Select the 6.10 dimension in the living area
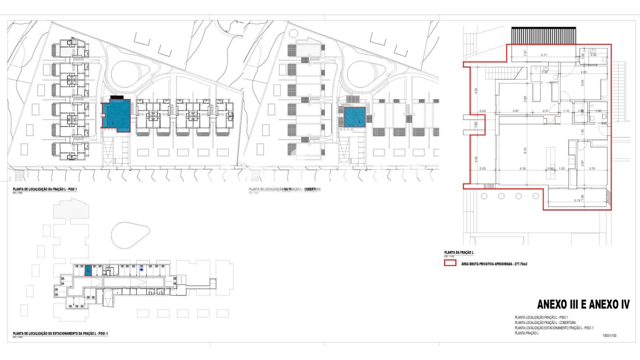[524, 149]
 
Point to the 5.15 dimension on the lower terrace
[577, 200]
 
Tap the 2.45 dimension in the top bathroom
[593, 55]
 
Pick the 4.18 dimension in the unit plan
[522, 168]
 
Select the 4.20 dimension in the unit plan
[582, 72]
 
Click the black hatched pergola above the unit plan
[543, 35]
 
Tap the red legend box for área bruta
[450, 262]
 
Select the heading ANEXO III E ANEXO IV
[582, 304]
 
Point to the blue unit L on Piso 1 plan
[116, 115]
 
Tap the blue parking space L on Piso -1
[88, 270]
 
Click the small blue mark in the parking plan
[141, 269]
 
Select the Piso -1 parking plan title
[60, 333]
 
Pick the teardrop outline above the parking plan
[130, 235]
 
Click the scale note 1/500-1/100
[609, 336]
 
